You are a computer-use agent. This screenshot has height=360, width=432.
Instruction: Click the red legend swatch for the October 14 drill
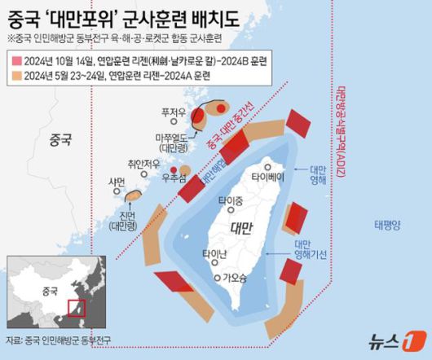click(x=16, y=61)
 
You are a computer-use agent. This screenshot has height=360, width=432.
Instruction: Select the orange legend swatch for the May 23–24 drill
click(x=16, y=75)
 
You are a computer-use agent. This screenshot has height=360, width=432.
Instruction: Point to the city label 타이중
click(x=231, y=200)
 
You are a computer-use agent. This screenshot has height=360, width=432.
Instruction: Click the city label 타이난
click(x=214, y=252)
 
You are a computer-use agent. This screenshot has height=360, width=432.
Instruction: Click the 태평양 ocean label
click(x=388, y=223)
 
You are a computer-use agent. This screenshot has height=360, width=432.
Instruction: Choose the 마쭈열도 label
click(x=173, y=138)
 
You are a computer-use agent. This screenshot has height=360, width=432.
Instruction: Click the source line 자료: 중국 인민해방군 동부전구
click(x=59, y=340)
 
